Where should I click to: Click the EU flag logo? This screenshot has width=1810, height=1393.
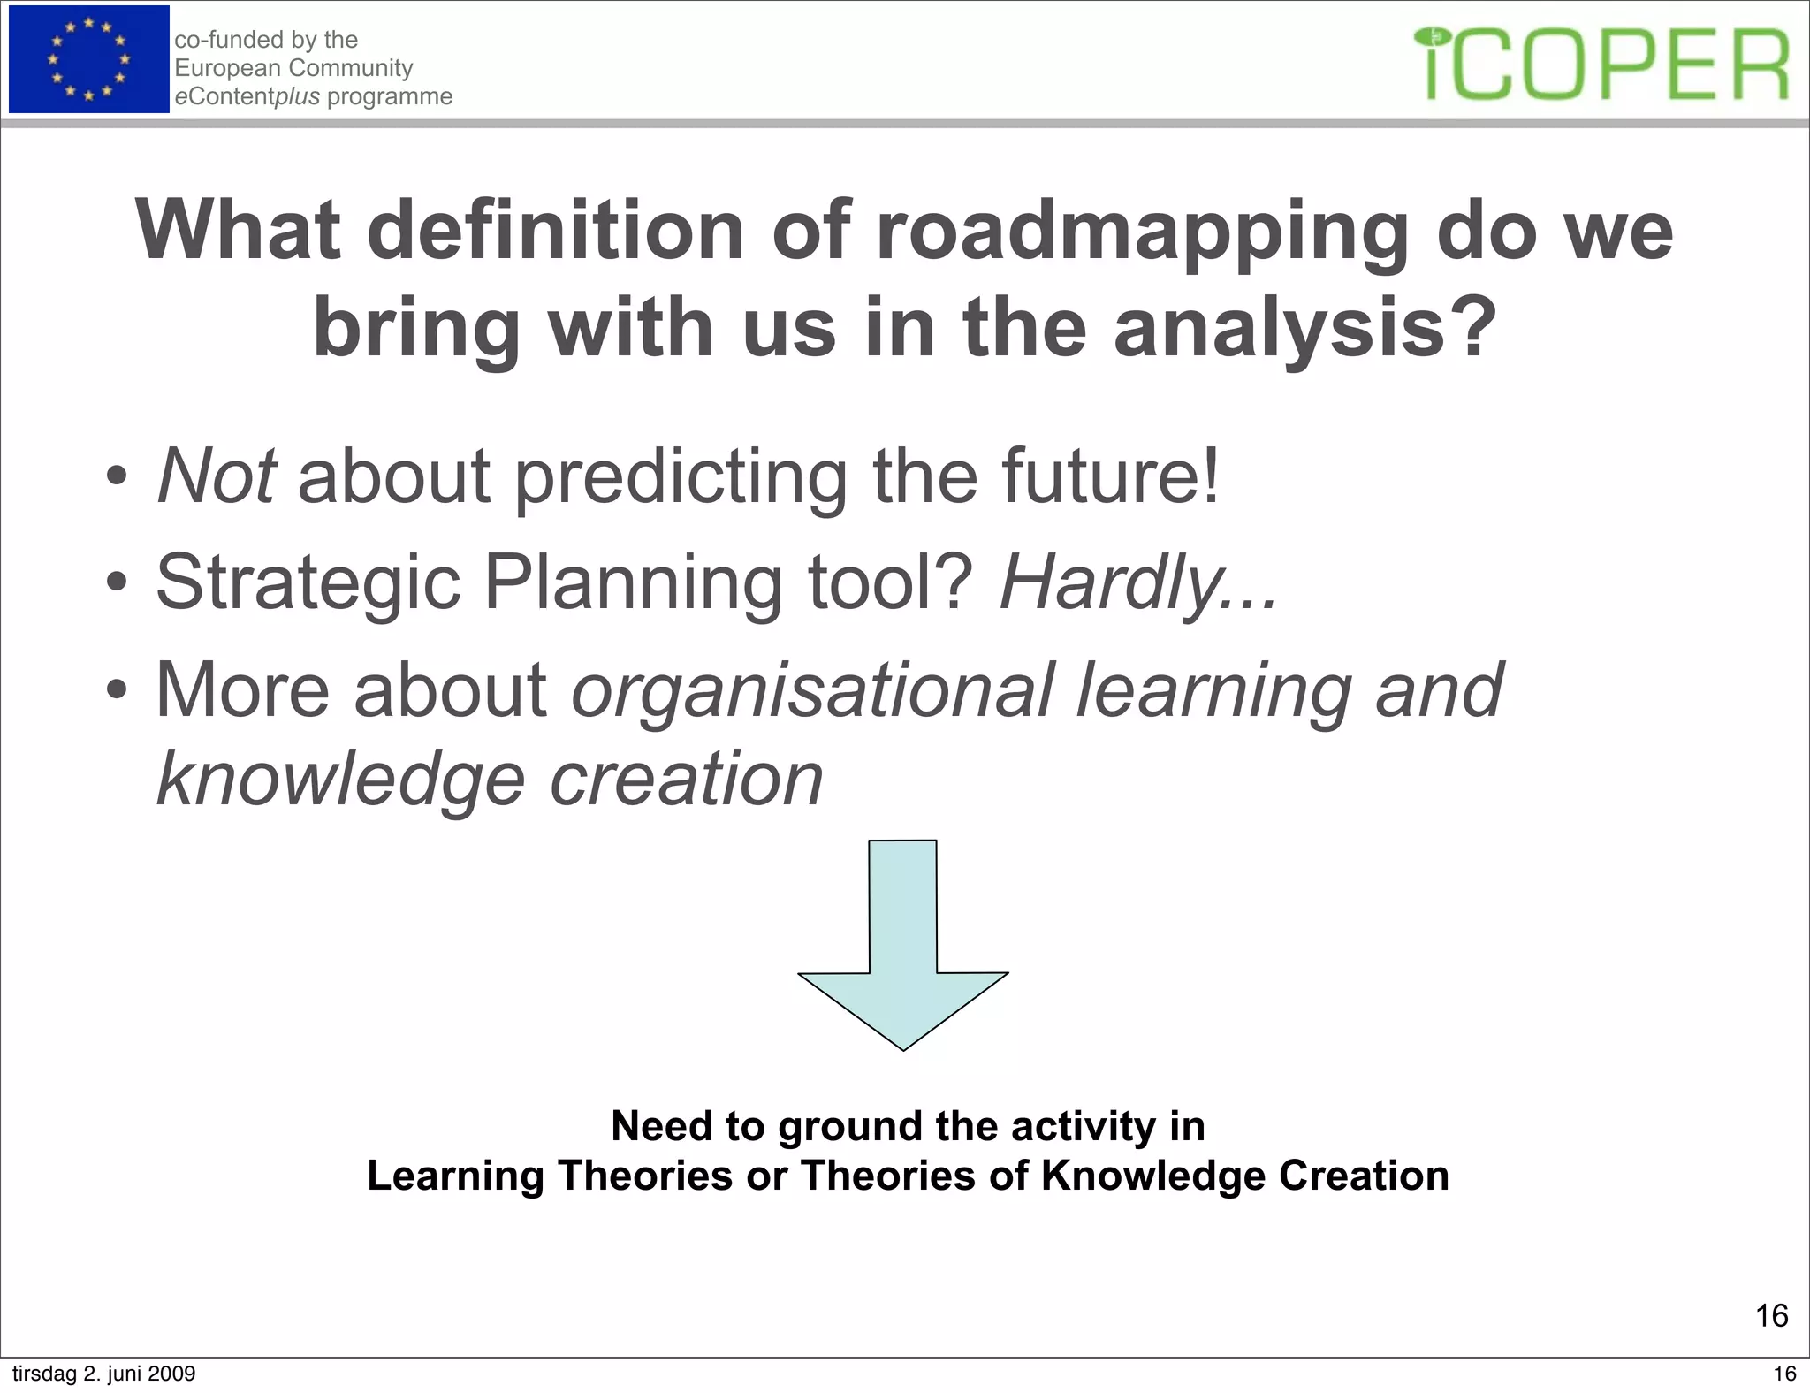coord(88,59)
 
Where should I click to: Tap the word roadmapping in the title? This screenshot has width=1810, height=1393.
coord(1140,232)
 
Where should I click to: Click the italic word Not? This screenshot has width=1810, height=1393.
coord(217,476)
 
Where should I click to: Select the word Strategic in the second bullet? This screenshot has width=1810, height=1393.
coord(308,584)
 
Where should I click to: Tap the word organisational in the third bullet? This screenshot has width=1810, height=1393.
coord(812,691)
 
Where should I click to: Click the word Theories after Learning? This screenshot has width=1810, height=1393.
coord(646,1176)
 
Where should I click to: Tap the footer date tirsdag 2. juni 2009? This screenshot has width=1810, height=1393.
coord(103,1374)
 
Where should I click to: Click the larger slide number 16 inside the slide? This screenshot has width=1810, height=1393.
coord(1771,1316)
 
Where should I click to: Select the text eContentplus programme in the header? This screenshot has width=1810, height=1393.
coord(313,96)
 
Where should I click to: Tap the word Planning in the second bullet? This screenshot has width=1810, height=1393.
coord(633,584)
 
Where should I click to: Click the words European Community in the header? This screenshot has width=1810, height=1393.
coord(293,68)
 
